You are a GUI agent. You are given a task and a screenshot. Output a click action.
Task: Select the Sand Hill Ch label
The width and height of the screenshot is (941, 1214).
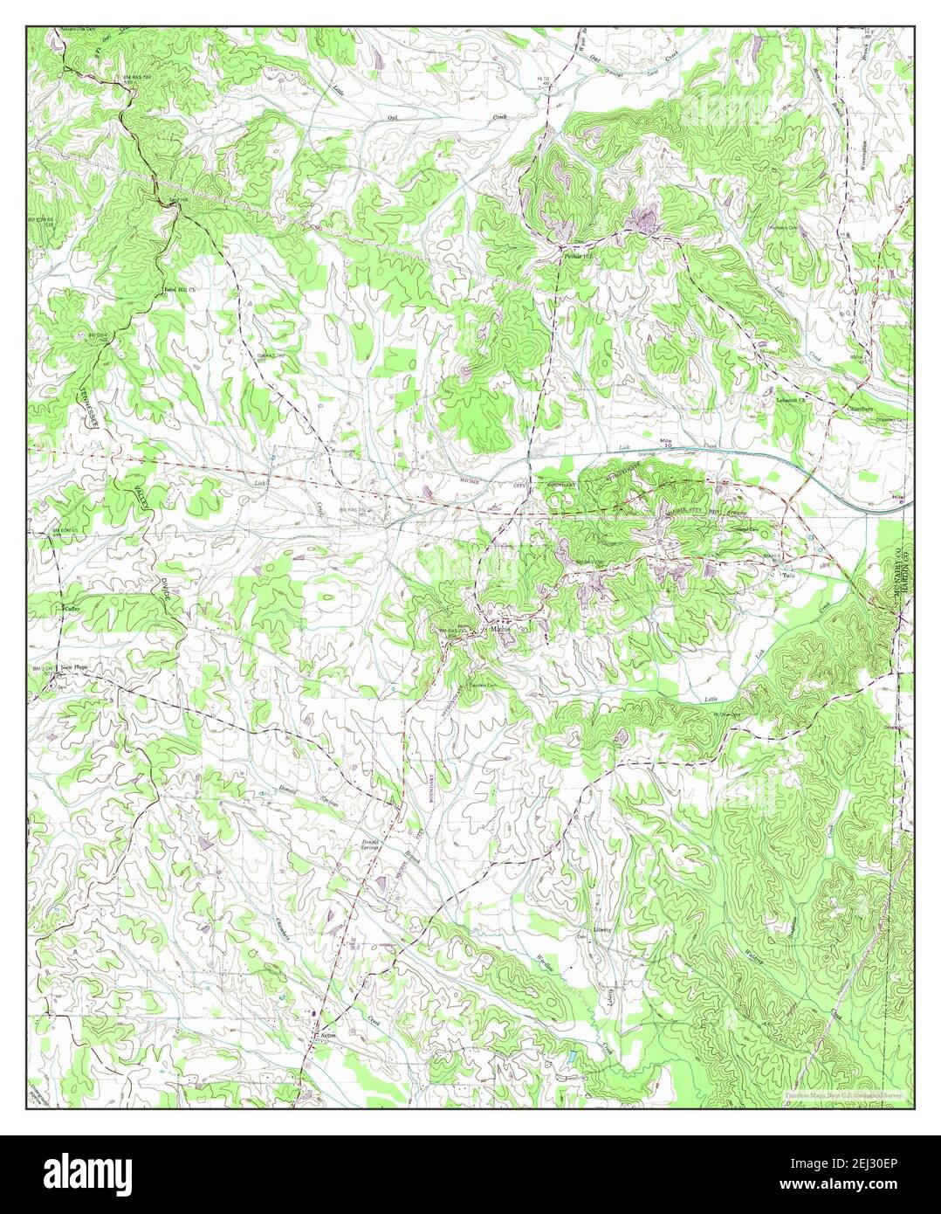176,287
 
